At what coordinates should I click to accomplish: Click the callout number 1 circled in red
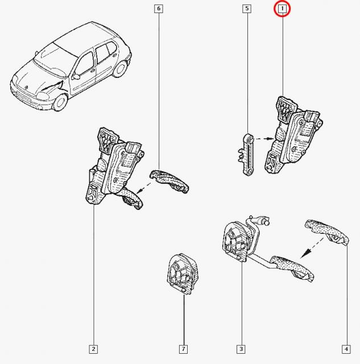(x=283, y=9)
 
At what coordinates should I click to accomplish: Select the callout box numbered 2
(x=93, y=349)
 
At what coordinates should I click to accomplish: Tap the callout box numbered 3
(x=241, y=349)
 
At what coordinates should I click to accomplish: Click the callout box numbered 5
(x=246, y=9)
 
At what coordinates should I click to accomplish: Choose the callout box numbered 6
(x=158, y=9)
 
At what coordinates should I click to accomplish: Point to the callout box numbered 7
(x=184, y=349)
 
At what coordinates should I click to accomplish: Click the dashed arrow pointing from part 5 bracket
(x=263, y=138)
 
